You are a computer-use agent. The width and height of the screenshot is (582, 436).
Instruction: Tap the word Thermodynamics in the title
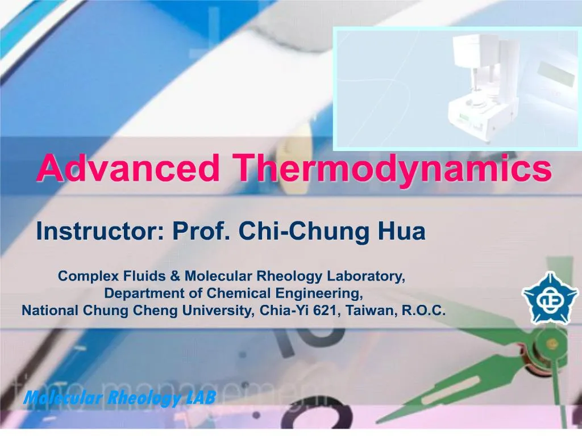pos(392,169)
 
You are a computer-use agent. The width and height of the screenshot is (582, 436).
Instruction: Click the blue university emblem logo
pos(543,297)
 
